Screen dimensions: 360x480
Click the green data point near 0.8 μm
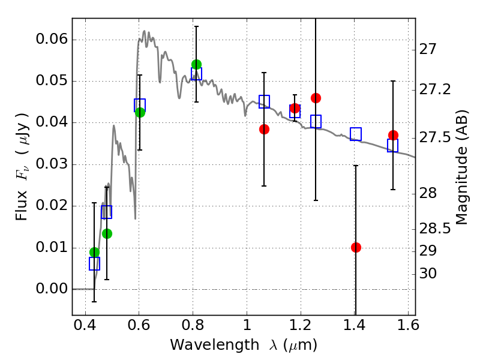(196, 64)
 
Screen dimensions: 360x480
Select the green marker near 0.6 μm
(140, 112)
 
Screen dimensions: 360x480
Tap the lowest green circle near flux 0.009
(94, 253)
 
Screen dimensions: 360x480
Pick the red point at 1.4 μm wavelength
(356, 247)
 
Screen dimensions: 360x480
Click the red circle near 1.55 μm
(393, 135)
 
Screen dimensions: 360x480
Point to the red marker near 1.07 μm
(264, 129)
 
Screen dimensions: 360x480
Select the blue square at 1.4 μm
(356, 134)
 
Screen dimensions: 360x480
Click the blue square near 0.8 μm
(196, 74)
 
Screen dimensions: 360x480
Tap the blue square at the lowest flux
(94, 263)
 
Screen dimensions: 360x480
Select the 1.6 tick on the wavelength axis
(408, 327)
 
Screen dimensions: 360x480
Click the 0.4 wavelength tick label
(85, 327)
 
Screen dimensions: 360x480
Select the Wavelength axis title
(243, 345)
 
